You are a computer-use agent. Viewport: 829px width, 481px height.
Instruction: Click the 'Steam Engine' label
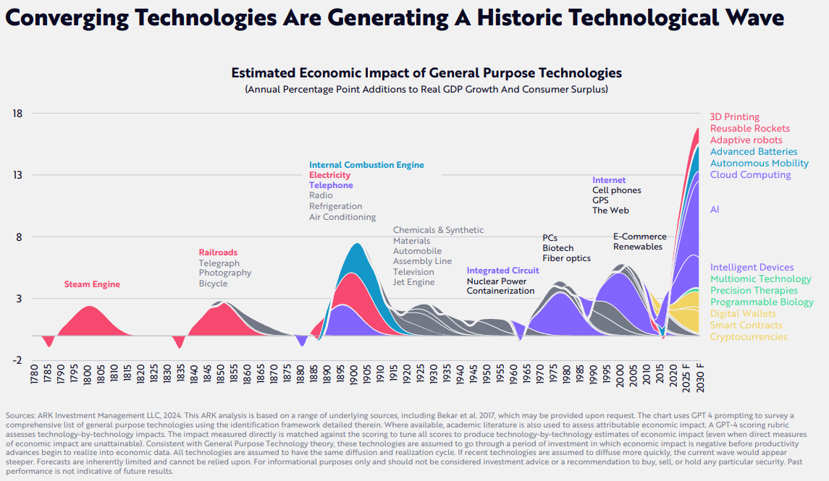92,284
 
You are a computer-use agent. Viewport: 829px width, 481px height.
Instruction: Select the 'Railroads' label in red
219,252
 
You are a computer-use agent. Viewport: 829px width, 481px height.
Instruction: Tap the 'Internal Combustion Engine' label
366,165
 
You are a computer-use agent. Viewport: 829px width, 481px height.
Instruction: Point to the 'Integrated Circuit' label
502,271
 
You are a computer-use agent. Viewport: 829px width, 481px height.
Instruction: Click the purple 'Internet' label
609,180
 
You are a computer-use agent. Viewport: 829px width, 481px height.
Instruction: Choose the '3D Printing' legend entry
734,116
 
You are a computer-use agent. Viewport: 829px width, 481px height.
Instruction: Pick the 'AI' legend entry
715,209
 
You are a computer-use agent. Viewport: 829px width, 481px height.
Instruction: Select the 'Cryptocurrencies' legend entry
748,336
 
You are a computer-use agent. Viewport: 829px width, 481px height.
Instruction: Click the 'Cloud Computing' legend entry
750,174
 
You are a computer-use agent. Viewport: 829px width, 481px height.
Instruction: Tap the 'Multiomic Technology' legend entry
760,278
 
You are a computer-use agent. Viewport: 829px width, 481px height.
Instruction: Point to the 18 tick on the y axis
18,114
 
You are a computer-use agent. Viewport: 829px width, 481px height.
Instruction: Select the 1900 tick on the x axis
353,378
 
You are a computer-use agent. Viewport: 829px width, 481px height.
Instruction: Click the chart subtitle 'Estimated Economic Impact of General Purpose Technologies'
426,73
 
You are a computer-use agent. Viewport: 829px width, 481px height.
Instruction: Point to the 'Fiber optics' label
566,258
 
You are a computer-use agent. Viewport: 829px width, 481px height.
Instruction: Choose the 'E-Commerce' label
639,237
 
